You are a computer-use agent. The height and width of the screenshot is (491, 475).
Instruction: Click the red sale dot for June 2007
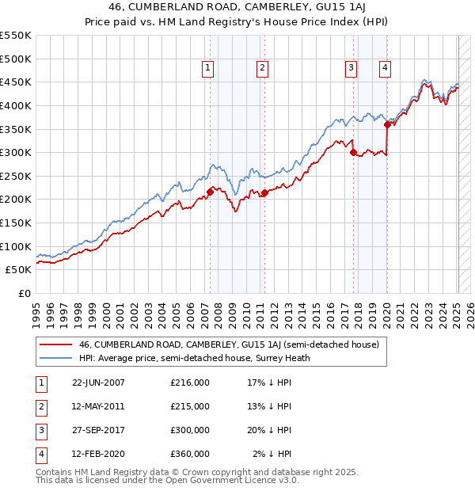pyautogui.click(x=210, y=192)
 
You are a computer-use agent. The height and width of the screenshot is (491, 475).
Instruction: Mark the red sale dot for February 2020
pyautogui.click(x=387, y=124)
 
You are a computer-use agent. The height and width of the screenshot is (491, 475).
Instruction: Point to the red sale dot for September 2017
pyautogui.click(x=354, y=152)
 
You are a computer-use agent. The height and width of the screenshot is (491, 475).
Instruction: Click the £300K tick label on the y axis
pyautogui.click(x=15, y=152)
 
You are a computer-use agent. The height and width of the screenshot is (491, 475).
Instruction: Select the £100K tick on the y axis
pyautogui.click(x=15, y=246)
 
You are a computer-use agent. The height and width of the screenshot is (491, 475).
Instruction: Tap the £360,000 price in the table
pyautogui.click(x=190, y=454)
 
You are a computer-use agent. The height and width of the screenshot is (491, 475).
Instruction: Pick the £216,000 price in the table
pyautogui.click(x=190, y=383)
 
